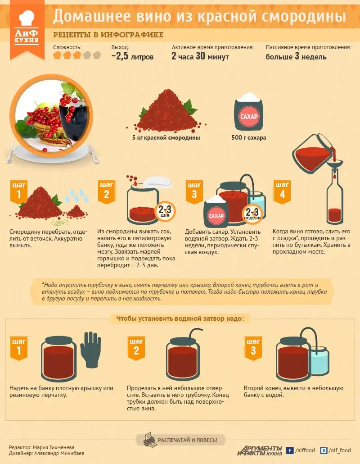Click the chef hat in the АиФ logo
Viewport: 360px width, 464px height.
click(27, 18)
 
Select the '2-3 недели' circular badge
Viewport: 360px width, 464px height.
click(252, 214)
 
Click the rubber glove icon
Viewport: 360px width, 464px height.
click(90, 350)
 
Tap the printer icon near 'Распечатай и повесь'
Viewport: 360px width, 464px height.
click(149, 440)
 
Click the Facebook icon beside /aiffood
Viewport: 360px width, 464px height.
click(290, 450)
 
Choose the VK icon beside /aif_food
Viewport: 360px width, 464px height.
click(324, 450)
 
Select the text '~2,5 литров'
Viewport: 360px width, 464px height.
click(132, 56)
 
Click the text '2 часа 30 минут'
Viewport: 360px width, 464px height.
click(200, 56)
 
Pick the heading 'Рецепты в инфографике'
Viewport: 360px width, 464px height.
click(108, 35)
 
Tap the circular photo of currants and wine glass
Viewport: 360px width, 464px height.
click(51, 116)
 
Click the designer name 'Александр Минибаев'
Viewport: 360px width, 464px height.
click(59, 453)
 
